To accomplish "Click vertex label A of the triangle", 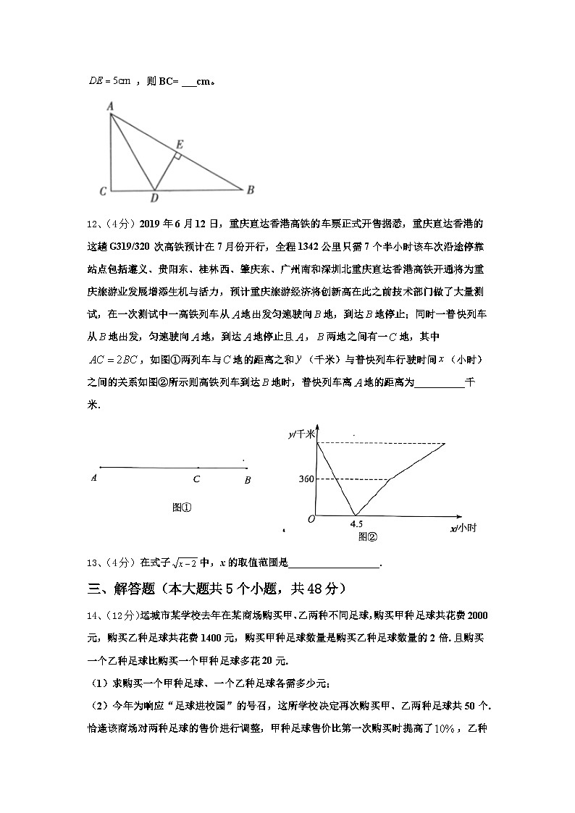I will click(x=111, y=106).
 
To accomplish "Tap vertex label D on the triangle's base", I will click(x=154, y=198).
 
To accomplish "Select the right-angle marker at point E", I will click(x=176, y=156).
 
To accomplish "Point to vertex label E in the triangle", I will click(x=179, y=145).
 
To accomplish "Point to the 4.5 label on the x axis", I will click(x=356, y=523).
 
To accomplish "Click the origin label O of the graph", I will click(x=311, y=518).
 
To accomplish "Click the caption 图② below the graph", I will click(x=368, y=536).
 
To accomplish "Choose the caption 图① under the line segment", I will click(x=182, y=507).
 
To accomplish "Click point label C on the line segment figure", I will click(x=197, y=479).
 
